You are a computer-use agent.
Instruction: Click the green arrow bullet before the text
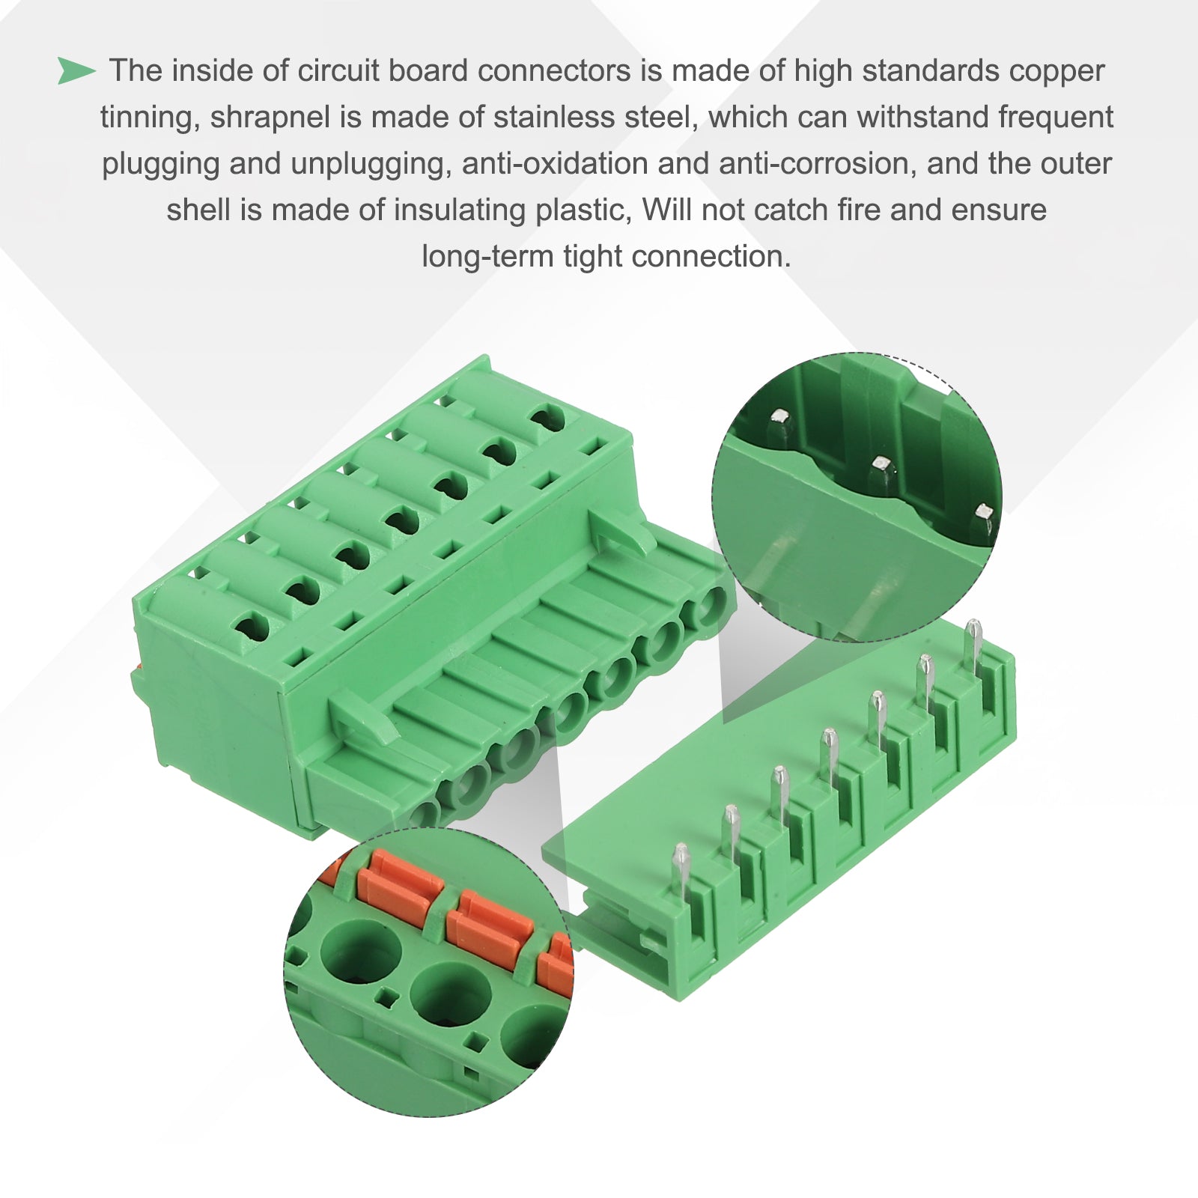point(76,71)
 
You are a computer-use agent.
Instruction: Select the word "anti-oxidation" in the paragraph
point(555,164)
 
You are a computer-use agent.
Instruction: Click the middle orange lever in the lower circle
point(488,924)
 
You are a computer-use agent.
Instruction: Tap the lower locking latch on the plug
point(365,717)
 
